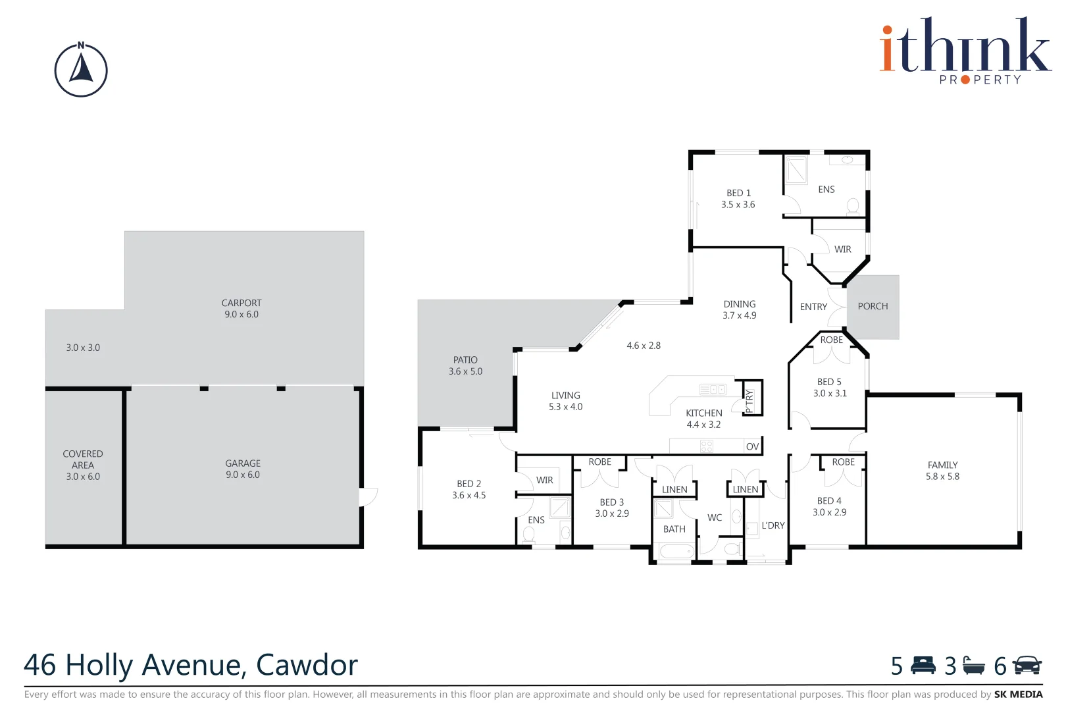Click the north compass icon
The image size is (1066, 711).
(81, 70)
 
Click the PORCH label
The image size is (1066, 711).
(873, 306)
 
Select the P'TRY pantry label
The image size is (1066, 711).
(749, 401)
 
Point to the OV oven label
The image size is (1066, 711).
(752, 446)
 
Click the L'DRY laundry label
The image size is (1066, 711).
(773, 525)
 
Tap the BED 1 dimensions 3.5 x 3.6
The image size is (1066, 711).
(738, 205)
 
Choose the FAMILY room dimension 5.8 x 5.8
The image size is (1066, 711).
(942, 477)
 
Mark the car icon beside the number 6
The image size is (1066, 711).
(1027, 666)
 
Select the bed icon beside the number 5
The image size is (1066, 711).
(923, 666)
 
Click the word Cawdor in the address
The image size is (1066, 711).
(307, 665)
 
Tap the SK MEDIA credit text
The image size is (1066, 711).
(1018, 694)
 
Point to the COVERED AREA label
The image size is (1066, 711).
(83, 459)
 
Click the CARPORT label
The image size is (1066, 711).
(241, 303)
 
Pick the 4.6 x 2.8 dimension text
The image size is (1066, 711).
(644, 346)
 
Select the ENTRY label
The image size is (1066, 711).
(813, 307)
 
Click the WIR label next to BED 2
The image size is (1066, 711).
(544, 480)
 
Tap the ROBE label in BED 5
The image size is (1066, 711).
(832, 340)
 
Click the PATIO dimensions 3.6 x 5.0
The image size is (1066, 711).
(465, 371)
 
